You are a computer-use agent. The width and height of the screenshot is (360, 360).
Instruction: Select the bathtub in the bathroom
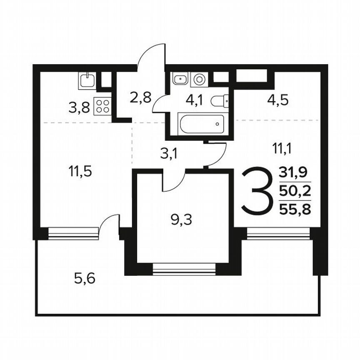coord(201,124)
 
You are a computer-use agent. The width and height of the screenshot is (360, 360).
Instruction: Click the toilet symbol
coord(220,101)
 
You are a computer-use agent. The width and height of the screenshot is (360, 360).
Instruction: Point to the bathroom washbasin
coord(180,79)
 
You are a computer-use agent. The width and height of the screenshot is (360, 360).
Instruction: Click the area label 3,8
coord(79,108)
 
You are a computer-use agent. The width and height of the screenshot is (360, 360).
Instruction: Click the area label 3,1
coord(169,154)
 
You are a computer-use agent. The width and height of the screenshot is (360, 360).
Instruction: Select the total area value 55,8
coord(295,209)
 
